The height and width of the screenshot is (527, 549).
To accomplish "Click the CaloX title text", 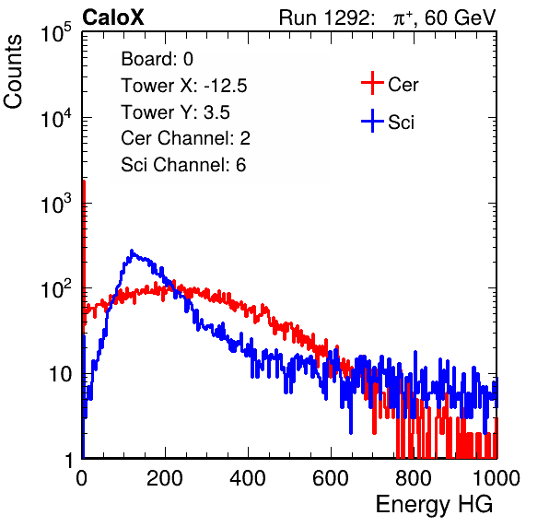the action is click(x=113, y=18).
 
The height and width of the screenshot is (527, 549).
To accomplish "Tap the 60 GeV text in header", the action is click(x=460, y=18).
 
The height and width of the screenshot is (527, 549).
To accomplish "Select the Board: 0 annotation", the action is click(x=158, y=59).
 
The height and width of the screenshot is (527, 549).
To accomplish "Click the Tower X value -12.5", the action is click(x=226, y=86).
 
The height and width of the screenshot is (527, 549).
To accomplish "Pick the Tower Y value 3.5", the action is click(x=216, y=112).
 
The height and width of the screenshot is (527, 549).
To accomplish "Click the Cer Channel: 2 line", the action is click(x=185, y=138).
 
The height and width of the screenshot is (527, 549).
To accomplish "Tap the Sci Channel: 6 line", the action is click(x=183, y=165).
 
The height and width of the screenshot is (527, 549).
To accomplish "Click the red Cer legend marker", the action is click(x=372, y=83).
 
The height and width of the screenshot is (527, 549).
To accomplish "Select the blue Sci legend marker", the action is click(x=372, y=122).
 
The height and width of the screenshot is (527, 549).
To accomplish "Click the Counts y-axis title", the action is click(x=13, y=72).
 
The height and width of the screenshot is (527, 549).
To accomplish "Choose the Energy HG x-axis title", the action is click(x=434, y=505).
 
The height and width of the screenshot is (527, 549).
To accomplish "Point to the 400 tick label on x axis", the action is click(x=248, y=477).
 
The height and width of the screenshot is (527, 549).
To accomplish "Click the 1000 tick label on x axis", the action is click(x=496, y=477).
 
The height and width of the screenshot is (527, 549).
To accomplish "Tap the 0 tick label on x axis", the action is click(x=82, y=477).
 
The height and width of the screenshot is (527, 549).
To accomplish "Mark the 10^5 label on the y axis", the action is click(x=56, y=32).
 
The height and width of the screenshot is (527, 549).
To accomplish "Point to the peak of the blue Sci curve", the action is click(x=132, y=251).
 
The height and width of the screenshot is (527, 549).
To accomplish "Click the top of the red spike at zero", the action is click(x=84, y=182).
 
